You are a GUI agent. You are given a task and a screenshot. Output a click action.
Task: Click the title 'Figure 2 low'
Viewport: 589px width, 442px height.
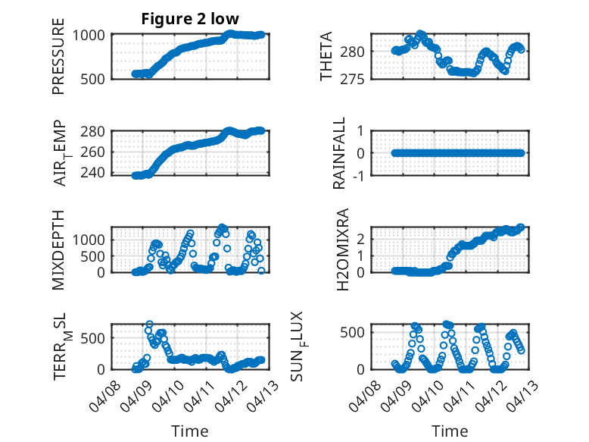point(190,20)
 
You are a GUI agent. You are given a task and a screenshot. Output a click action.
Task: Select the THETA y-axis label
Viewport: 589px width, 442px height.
point(326,56)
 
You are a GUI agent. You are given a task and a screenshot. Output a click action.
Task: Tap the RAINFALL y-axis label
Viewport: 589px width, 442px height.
point(340,153)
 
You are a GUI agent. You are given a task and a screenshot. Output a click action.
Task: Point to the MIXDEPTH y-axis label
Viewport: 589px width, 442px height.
point(58,250)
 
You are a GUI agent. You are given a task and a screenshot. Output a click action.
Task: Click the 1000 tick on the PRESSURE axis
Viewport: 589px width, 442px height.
point(90,34)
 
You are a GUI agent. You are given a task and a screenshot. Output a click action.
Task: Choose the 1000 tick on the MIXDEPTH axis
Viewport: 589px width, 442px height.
point(90,239)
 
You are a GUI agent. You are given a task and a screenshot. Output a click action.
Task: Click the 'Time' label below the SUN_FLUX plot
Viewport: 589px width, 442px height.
point(450,431)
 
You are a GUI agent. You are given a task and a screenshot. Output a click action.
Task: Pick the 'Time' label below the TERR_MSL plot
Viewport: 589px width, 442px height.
point(189,431)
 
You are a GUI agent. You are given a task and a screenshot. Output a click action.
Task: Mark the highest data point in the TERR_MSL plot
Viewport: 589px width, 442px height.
point(149,324)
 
